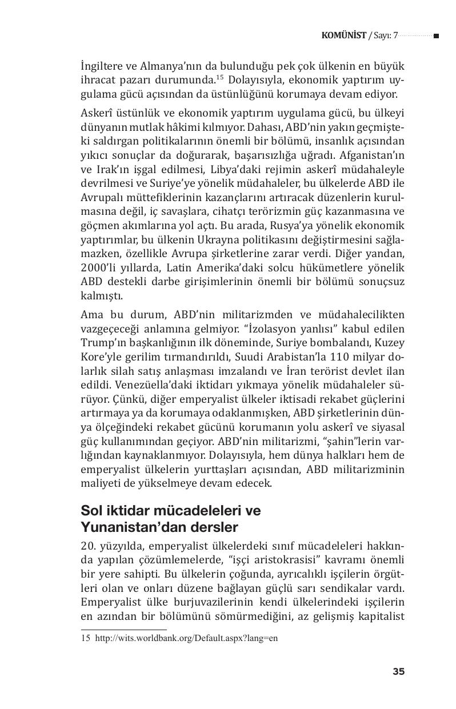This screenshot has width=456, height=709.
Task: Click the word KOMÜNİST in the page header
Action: pos(343,35)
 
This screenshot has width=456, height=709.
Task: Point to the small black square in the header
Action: pos(436,36)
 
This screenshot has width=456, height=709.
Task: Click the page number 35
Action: pos(398,671)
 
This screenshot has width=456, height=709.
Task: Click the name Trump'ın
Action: pos(101,343)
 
